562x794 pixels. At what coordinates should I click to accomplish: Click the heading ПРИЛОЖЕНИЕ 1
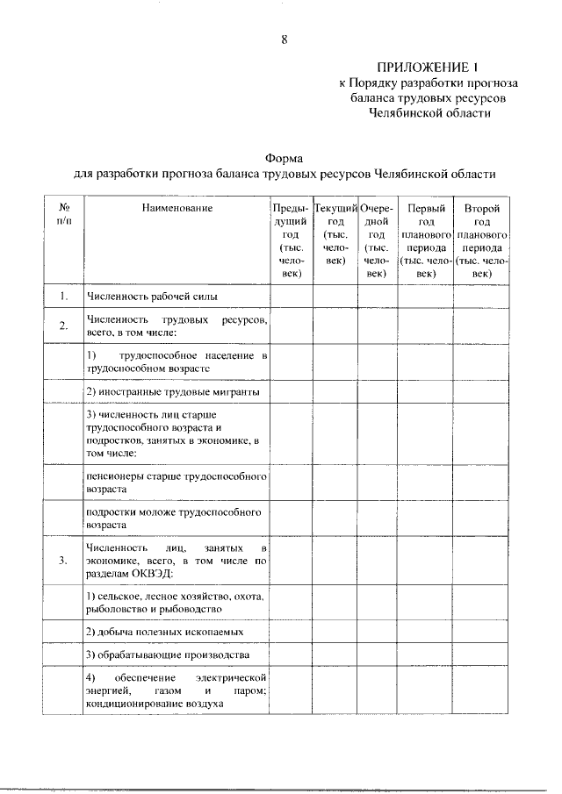click(428, 67)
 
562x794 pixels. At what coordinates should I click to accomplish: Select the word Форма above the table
click(285, 158)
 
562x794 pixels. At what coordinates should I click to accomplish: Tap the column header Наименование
click(177, 208)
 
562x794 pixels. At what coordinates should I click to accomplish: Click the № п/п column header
click(64, 214)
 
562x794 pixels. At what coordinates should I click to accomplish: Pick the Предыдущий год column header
click(291, 241)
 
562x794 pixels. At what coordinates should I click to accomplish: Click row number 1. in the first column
click(64, 297)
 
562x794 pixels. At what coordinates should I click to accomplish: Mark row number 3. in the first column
click(64, 562)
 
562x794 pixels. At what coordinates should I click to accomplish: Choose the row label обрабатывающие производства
click(168, 655)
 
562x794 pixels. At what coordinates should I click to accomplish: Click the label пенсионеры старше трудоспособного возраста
click(176, 482)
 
